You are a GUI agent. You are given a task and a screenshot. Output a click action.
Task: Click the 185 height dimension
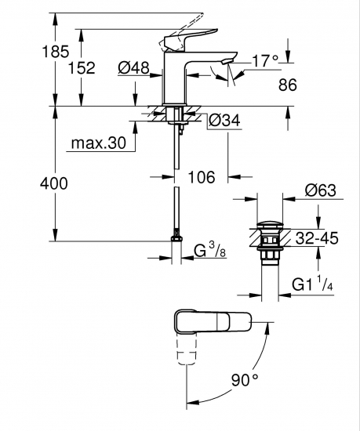[55, 52]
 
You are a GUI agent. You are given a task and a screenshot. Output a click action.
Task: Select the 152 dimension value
[82, 67]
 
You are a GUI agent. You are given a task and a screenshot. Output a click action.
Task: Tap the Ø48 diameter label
[133, 67]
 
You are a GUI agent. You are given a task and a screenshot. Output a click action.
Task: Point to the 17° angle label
[265, 60]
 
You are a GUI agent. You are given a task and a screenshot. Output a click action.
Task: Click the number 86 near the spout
[288, 85]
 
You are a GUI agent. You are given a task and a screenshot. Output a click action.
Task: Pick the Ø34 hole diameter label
[224, 120]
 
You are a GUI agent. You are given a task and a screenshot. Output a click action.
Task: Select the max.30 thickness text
[99, 143]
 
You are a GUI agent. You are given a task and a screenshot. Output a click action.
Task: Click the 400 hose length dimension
[54, 183]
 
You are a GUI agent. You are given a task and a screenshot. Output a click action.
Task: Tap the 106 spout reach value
[202, 177]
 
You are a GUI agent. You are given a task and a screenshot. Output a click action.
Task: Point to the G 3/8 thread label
[210, 251]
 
